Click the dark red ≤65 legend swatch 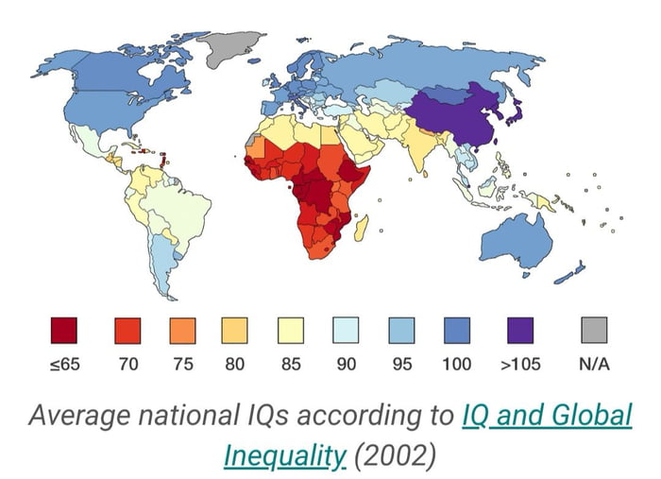click(x=64, y=330)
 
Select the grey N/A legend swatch click(x=593, y=330)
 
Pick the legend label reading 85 click(x=291, y=365)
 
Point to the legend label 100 click(x=457, y=365)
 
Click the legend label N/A click(x=593, y=365)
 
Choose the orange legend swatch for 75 click(x=182, y=330)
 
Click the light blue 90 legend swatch click(x=346, y=330)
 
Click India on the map click(x=418, y=146)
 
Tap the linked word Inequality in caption click(x=284, y=455)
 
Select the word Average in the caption click(x=77, y=416)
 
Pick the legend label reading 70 click(x=127, y=365)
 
